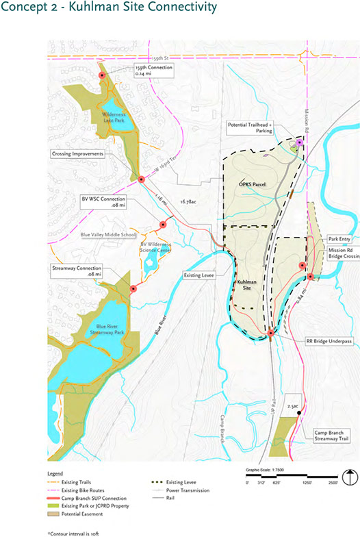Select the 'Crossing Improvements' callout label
click(77, 154)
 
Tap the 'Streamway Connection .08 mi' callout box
click(75, 270)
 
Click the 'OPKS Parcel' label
click(252, 185)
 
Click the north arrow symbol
click(348, 477)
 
